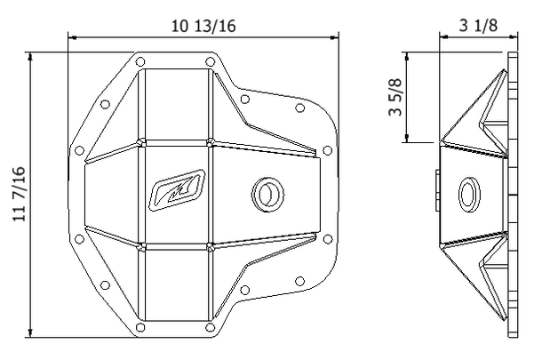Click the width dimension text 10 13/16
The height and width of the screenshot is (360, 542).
(x=203, y=25)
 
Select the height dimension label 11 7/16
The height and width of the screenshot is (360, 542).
(x=19, y=195)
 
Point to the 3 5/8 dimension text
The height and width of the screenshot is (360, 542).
(x=395, y=97)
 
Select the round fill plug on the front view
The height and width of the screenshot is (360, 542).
(x=265, y=192)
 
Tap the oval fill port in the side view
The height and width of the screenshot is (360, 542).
(x=470, y=192)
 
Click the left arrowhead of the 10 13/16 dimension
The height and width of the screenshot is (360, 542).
(x=72, y=37)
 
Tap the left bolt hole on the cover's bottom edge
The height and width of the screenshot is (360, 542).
(x=140, y=328)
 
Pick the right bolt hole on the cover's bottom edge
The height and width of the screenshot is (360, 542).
(x=209, y=328)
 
